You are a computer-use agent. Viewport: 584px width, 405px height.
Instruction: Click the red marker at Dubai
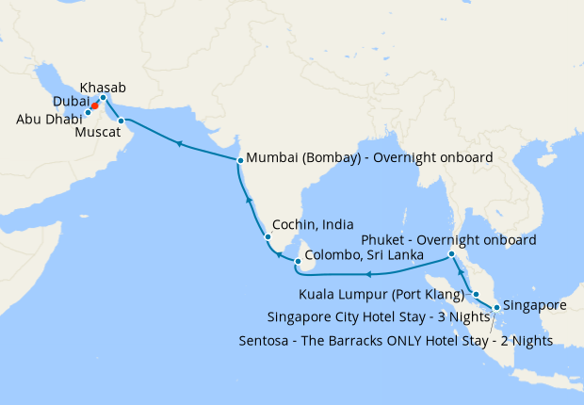tap(95, 105)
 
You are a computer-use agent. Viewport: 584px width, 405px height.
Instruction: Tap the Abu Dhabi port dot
tap(88, 112)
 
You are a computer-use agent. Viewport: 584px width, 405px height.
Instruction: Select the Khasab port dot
tap(103, 97)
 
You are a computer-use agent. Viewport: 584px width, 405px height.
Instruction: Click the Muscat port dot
tap(121, 121)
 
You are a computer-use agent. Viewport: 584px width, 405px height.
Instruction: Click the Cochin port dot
tap(266, 235)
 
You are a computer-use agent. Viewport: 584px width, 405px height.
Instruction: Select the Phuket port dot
tap(452, 254)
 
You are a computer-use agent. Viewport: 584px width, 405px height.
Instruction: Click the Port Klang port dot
tap(476, 294)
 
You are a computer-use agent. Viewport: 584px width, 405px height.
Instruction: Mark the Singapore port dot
tap(496, 307)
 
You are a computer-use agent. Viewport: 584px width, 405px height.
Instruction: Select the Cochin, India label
tap(313, 226)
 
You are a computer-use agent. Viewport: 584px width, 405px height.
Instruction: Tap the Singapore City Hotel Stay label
tap(378, 316)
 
